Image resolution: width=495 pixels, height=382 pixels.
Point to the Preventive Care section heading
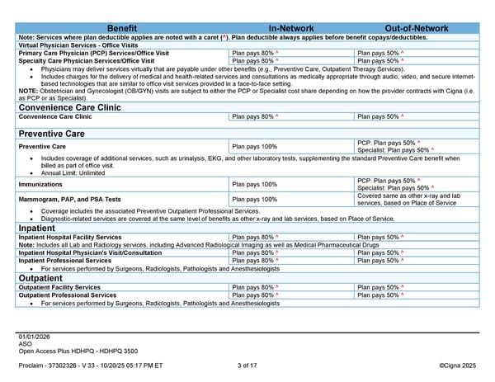pos(54,133)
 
